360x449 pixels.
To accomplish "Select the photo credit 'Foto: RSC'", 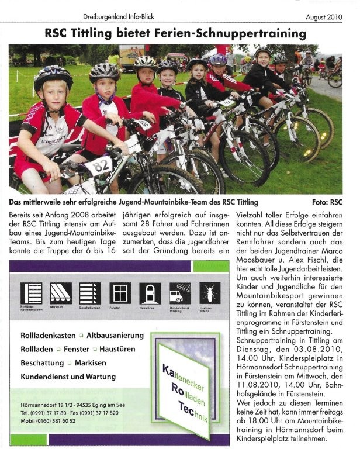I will (327, 202).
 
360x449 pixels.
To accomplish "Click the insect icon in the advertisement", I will (208, 291).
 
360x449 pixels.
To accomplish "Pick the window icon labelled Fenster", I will (119, 291).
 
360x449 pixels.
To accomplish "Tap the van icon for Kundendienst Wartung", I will (178, 291).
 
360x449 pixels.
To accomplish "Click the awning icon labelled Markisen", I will (59, 291).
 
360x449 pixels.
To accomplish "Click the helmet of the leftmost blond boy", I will (53, 77).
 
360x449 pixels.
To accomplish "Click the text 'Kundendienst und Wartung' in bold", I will (68, 377).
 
